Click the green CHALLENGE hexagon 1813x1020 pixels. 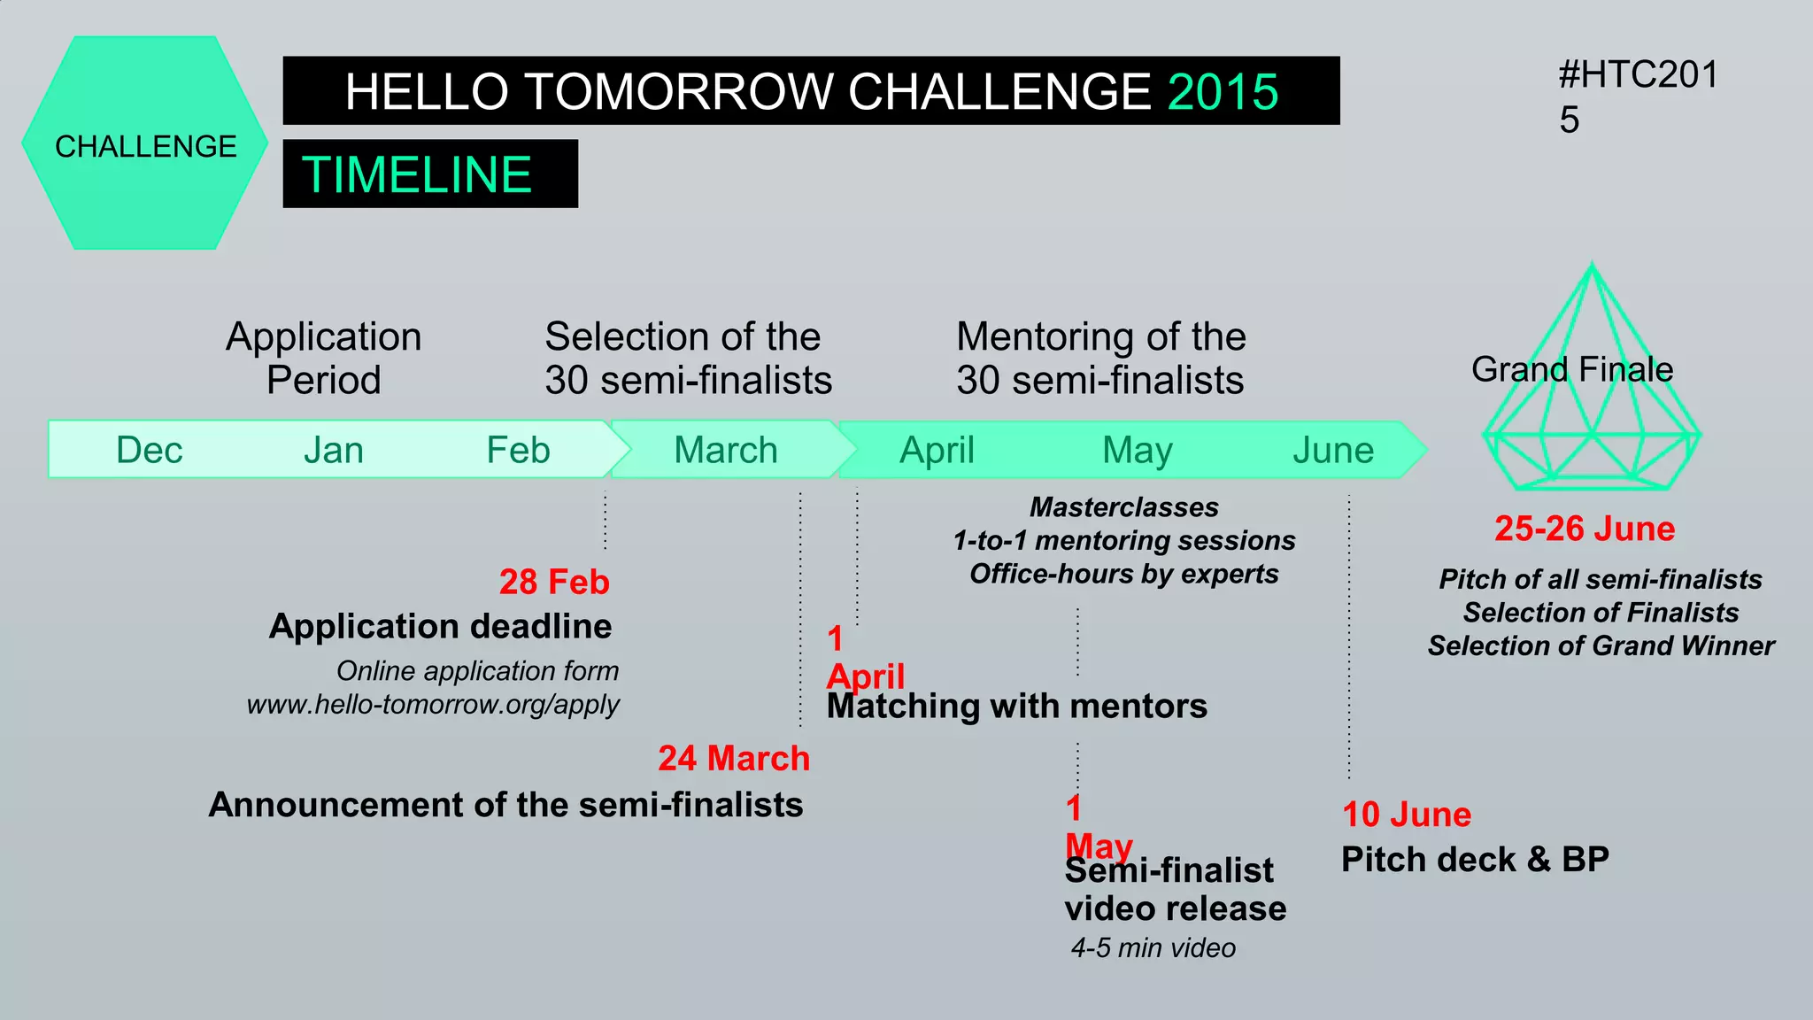click(x=145, y=143)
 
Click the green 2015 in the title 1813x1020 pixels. click(x=1223, y=92)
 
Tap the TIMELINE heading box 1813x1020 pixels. click(x=430, y=174)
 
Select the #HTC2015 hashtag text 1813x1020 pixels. click(x=1637, y=96)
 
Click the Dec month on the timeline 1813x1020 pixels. click(x=149, y=450)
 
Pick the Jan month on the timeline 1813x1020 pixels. click(x=334, y=450)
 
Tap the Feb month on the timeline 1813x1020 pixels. click(x=518, y=450)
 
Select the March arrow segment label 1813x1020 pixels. click(x=725, y=450)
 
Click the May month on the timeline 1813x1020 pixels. click(x=1137, y=450)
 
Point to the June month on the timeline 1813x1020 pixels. click(x=1332, y=450)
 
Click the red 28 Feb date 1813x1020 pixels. click(x=554, y=582)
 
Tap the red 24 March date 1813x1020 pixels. click(x=734, y=758)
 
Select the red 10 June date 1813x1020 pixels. click(x=1406, y=814)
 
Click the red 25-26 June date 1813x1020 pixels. click(x=1585, y=529)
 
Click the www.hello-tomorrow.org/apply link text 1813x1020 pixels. click(x=433, y=705)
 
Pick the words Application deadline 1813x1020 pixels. click(x=440, y=626)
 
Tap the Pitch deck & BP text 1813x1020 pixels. click(x=1475, y=859)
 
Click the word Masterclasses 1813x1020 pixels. click(x=1123, y=507)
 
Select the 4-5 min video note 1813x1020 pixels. click(x=1153, y=947)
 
